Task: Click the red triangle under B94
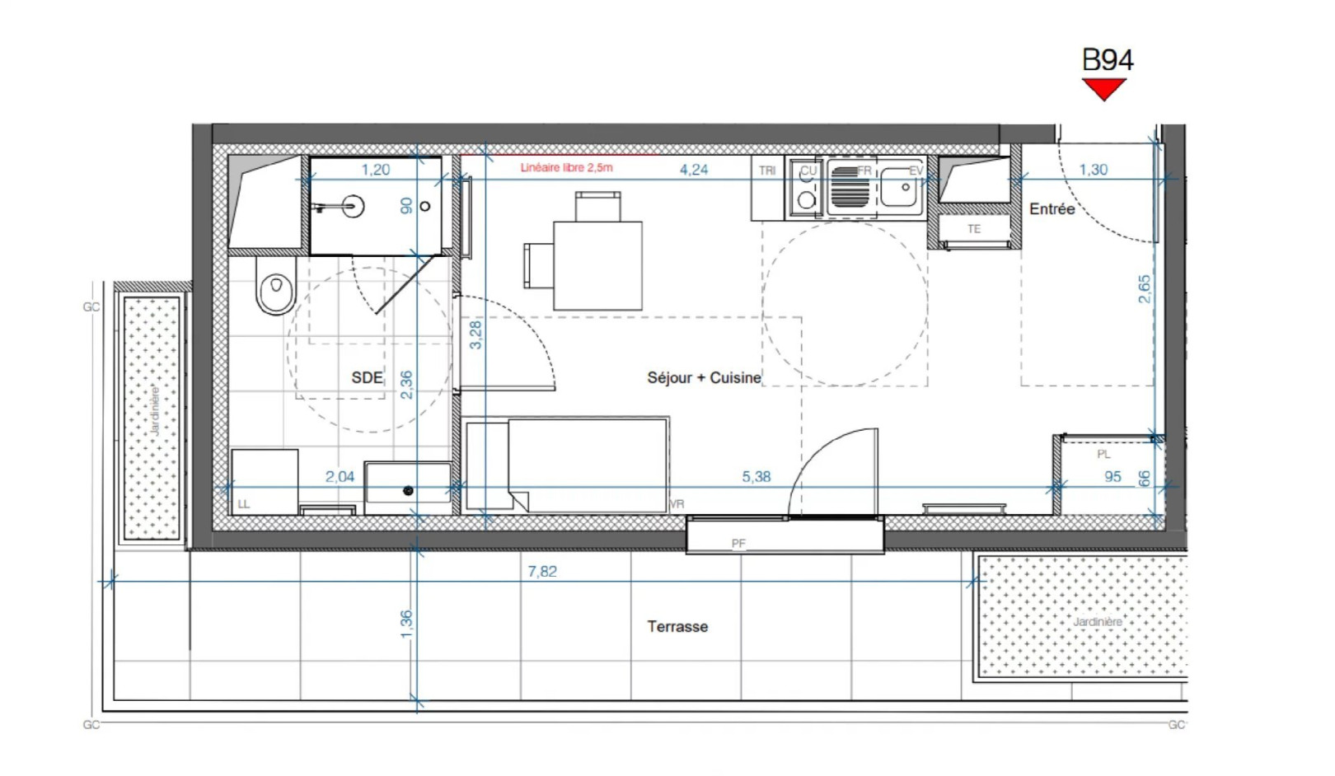[1103, 87]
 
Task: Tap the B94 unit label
[1107, 60]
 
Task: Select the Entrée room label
[1052, 209]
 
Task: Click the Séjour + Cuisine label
[704, 377]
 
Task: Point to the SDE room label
[367, 377]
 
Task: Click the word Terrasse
[677, 626]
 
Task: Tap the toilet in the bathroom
[276, 287]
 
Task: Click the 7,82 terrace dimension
[542, 571]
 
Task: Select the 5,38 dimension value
[756, 476]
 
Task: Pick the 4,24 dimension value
[693, 169]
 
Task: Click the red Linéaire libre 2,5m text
[566, 167]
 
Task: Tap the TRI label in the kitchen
[767, 171]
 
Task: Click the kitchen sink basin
[902, 188]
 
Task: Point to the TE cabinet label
[974, 229]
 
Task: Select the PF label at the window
[738, 544]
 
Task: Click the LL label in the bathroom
[244, 503]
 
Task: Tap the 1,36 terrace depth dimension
[405, 624]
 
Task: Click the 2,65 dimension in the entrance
[1145, 288]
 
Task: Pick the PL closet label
[1103, 454]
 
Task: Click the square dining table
[597, 265]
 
